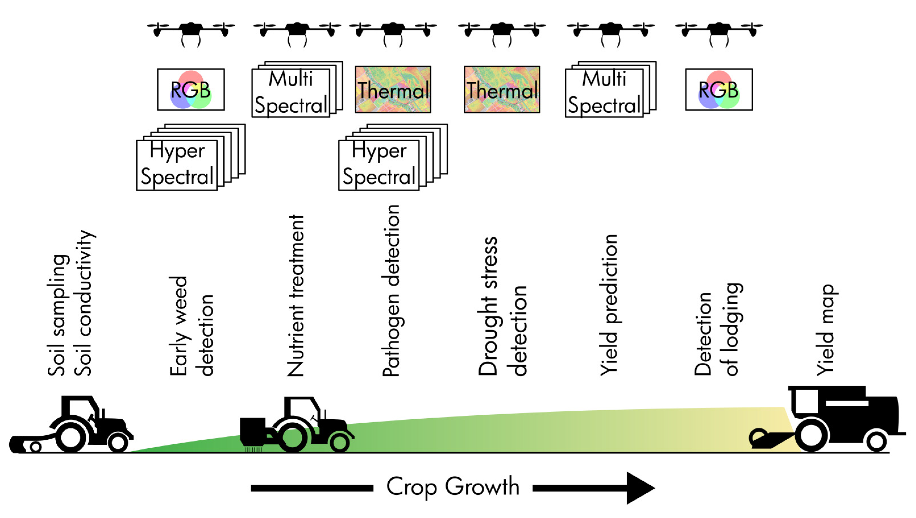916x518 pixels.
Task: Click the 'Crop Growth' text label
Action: [452, 487]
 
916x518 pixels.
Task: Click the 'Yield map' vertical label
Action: [826, 330]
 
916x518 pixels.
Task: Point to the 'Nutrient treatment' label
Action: [295, 295]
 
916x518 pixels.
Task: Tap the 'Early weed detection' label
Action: [191, 326]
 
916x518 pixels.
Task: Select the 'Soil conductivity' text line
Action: [84, 302]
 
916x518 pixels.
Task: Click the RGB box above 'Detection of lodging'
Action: [719, 90]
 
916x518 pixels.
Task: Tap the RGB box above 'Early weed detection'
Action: [191, 90]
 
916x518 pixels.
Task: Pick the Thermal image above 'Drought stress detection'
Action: [502, 90]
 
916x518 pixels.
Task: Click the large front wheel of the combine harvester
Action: [811, 436]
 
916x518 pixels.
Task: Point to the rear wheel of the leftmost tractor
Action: [71, 437]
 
